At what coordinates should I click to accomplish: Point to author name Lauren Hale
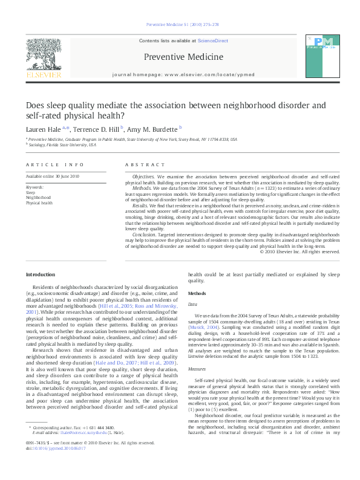tap(45, 129)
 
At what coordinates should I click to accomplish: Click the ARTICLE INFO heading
tap(47, 164)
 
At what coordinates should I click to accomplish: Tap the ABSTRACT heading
tap(145, 164)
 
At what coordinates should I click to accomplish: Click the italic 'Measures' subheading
tap(197, 368)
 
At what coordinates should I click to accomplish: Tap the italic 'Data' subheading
tap(192, 305)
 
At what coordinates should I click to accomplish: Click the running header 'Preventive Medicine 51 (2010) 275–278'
tap(180, 25)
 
